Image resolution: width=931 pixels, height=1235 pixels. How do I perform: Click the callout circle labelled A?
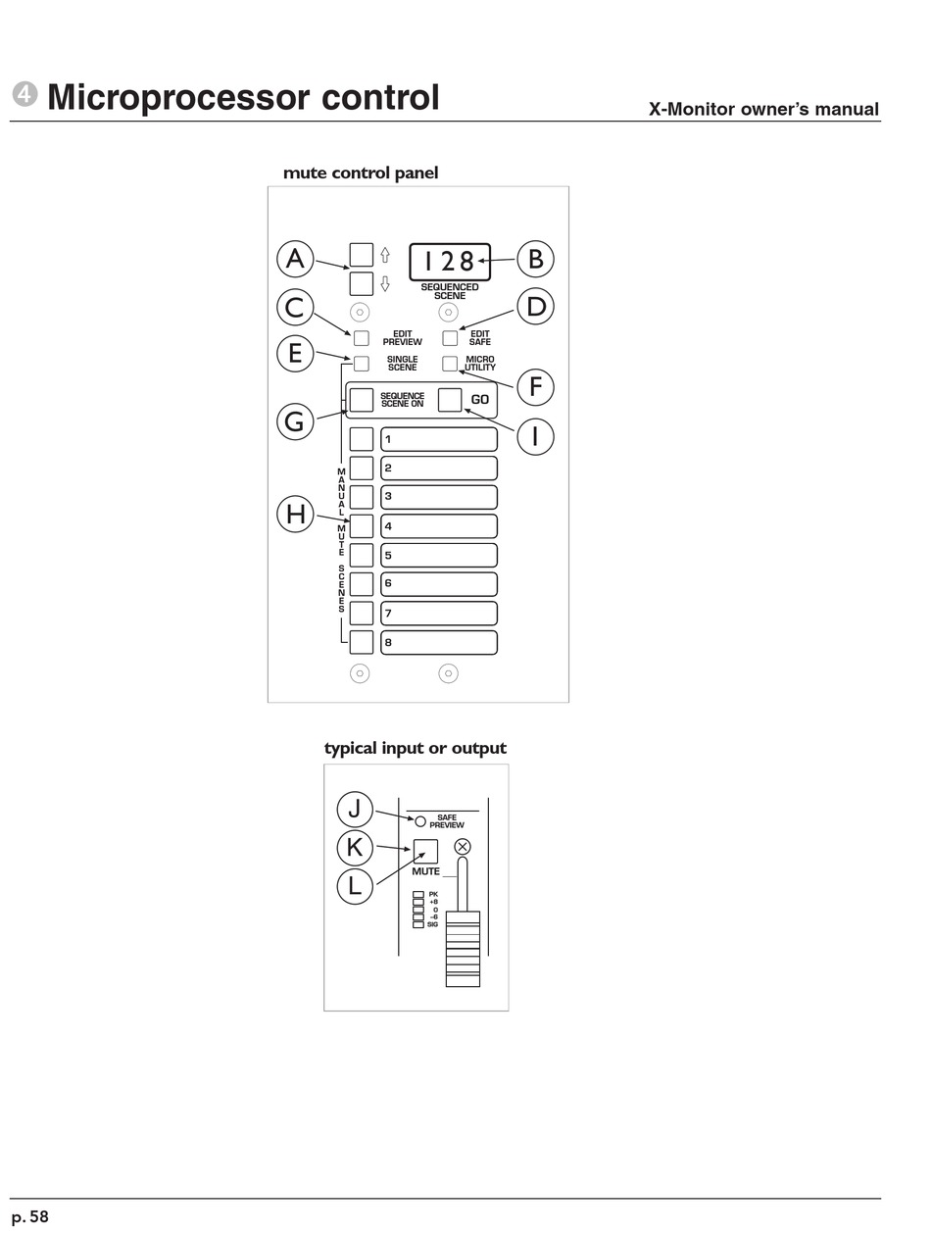point(295,259)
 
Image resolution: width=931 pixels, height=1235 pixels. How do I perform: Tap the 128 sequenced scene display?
point(450,262)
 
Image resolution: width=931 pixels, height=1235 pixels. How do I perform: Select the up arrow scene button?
point(362,255)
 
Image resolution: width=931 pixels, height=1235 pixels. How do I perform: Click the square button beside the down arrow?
point(362,284)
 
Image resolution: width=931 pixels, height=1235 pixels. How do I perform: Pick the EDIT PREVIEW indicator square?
point(362,338)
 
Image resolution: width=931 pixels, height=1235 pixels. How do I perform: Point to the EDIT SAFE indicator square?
point(450,338)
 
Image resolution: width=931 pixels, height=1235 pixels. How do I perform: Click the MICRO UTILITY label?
point(480,364)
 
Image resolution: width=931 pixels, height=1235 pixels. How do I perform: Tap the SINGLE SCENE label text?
point(402,364)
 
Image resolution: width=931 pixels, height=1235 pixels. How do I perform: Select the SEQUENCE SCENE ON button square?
point(362,400)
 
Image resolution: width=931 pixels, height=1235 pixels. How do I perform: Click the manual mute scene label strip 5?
point(439,555)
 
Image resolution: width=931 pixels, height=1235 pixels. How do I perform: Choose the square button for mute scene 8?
point(362,642)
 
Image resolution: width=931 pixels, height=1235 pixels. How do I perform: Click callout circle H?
point(295,514)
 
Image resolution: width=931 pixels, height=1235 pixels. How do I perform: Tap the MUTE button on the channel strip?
point(425,852)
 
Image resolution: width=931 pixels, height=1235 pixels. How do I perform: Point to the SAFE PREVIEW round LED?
point(420,821)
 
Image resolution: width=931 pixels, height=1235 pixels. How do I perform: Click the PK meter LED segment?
point(418,894)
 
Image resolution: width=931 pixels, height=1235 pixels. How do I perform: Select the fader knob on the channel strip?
point(463,948)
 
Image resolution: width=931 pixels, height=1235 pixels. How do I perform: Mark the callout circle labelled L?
point(355,886)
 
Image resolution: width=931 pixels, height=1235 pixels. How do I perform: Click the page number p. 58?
point(30,1216)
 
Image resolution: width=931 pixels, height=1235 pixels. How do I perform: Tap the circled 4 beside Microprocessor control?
point(24,94)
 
